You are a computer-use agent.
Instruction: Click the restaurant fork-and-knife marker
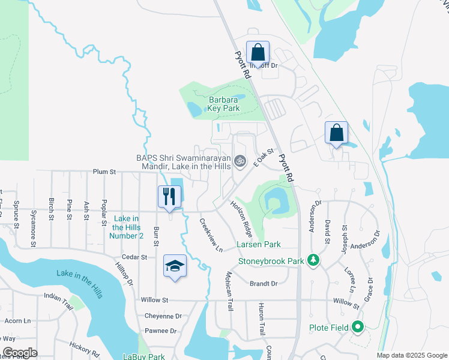coord(169,197)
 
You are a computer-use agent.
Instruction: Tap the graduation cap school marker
coord(175,266)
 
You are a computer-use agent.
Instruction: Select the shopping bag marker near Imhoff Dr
coord(258,53)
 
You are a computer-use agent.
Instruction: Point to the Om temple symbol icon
coord(240,160)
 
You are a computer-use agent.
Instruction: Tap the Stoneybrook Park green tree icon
coord(312,260)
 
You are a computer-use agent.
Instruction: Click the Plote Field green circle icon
coord(358,328)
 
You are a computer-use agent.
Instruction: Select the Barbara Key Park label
coord(224,104)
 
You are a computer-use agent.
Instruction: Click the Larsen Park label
coord(259,245)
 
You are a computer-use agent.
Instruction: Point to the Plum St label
coord(104,172)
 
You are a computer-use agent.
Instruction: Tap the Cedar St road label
coord(135,257)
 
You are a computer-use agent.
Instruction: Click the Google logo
coord(20,353)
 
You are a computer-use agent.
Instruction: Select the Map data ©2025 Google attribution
coord(411,355)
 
